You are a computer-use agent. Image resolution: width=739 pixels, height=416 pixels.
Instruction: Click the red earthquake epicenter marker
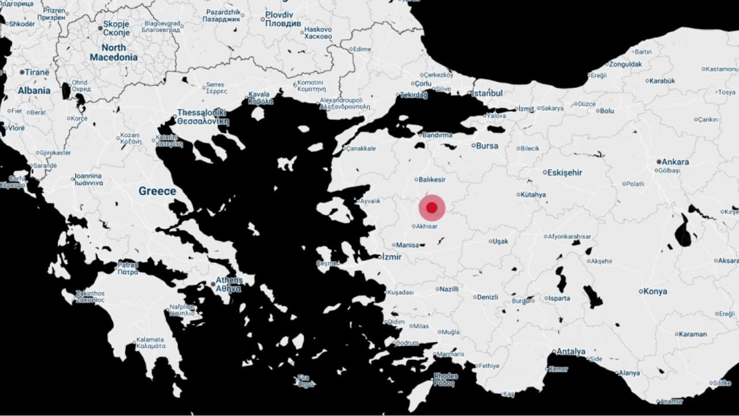tap(432, 208)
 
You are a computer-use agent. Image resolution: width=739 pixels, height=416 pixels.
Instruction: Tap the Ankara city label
tap(675, 162)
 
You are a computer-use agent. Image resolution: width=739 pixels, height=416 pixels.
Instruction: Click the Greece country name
tap(157, 191)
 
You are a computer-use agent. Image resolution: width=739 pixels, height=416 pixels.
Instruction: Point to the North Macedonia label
tap(114, 53)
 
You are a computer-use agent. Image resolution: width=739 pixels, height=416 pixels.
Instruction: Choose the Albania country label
tap(34, 91)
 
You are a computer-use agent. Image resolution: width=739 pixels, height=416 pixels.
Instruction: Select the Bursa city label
tap(487, 146)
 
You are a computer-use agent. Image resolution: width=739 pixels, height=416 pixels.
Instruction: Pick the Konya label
tap(655, 291)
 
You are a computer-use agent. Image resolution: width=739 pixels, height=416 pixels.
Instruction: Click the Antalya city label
tap(570, 351)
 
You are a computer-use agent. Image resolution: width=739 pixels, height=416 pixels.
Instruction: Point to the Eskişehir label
tap(565, 172)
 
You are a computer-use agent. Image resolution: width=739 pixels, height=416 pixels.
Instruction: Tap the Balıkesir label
tap(432, 180)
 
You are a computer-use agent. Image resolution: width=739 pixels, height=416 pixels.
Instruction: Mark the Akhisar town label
tap(427, 226)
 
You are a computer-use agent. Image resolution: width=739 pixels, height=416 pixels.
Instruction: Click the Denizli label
tap(487, 297)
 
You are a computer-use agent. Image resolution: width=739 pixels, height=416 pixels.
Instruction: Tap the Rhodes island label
tap(445, 379)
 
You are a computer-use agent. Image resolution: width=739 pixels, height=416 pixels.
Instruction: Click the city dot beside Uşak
tap(491, 241)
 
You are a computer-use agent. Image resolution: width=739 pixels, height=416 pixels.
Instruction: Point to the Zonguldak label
tap(625, 64)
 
